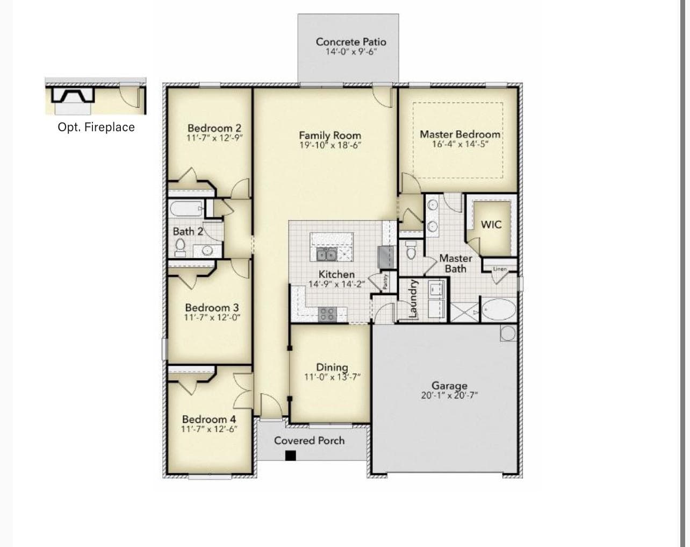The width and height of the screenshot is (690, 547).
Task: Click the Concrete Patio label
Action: tap(351, 42)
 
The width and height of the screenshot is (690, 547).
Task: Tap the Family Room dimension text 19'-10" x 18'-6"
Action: tap(330, 145)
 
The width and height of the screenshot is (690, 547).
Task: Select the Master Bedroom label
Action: tap(460, 134)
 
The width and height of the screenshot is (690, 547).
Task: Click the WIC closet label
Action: tap(491, 224)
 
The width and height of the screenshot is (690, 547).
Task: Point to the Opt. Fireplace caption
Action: tap(96, 127)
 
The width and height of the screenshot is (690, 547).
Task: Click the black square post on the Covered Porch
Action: tap(291, 456)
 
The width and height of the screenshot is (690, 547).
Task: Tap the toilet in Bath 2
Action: tap(180, 248)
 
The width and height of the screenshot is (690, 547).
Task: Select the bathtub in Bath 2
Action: tap(186, 209)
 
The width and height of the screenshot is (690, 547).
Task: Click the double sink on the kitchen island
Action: tap(326, 255)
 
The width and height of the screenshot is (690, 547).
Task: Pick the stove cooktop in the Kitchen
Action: tap(327, 314)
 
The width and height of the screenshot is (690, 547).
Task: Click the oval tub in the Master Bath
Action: tap(499, 309)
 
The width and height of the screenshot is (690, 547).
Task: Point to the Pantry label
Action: tap(385, 281)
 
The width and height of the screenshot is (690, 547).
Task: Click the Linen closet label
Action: tap(500, 269)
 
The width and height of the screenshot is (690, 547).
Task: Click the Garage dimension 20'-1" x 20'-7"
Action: tap(449, 395)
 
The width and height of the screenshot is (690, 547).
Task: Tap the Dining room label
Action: tap(332, 367)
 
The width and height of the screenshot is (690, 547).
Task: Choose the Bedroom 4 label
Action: tap(209, 419)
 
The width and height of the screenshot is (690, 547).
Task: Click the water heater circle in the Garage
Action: tap(508, 333)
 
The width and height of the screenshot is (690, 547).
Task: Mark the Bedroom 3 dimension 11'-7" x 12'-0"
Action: tap(212, 317)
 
